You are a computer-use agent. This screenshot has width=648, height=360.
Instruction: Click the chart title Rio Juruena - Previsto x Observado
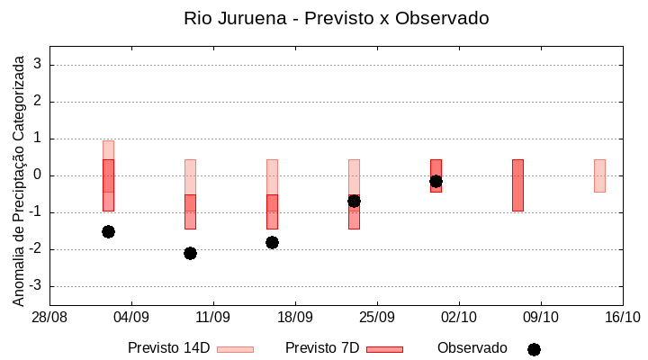point(336,18)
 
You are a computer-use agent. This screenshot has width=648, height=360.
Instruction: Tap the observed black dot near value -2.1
point(190,253)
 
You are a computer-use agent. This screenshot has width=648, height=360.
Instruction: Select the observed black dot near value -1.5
point(108,231)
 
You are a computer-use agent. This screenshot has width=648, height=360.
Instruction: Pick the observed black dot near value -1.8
point(272,242)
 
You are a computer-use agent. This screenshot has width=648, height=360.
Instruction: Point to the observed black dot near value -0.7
point(354,201)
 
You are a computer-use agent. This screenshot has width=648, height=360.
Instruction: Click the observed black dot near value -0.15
point(436,181)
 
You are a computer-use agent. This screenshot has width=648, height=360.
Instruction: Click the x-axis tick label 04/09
point(131,317)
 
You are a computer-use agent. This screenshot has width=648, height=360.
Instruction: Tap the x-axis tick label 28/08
point(49,317)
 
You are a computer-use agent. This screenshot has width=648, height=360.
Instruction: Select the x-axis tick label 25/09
point(377,317)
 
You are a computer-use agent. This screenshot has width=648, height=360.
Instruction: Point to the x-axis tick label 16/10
point(622,317)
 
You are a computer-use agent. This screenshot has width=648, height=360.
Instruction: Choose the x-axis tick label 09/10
point(541,317)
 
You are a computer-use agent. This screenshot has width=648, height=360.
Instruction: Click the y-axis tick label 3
point(38,65)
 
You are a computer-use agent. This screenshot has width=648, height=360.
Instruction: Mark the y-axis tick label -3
point(35,286)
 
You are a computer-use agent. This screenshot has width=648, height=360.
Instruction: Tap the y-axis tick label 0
point(38,175)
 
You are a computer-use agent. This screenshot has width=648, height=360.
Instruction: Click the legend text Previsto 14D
point(168,348)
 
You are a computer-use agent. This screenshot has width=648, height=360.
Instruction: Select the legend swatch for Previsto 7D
point(384,349)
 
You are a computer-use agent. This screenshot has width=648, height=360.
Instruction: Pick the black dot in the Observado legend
point(534,349)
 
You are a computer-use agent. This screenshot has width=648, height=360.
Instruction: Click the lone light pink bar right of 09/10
point(599,175)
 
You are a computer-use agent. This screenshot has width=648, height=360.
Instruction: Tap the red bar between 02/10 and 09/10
point(517,184)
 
